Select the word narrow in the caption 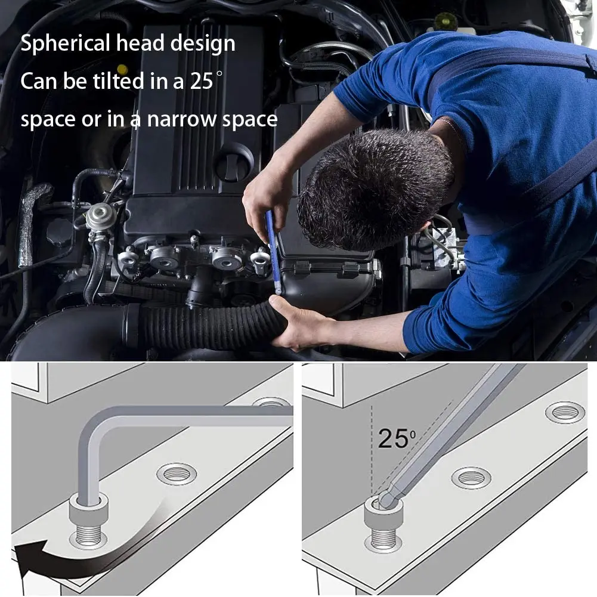click(182, 119)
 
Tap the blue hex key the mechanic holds click(273, 250)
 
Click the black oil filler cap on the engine click(234, 162)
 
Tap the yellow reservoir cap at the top click(446, 21)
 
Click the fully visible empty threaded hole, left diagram click(177, 474)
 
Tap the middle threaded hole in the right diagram click(471, 477)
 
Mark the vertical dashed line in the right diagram click(372, 447)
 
